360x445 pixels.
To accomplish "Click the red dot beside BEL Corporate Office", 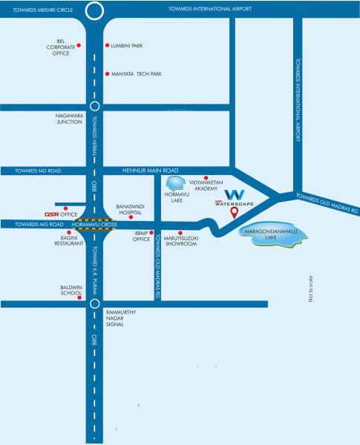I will (x=79, y=46).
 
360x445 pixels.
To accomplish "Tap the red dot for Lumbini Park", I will (x=108, y=46).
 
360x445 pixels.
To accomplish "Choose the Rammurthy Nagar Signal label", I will (x=122, y=318).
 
